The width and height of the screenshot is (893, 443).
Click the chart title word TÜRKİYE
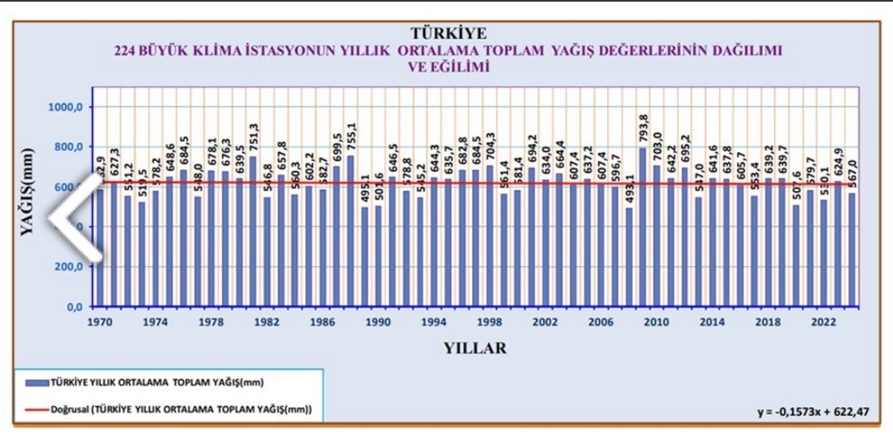coord(447,34)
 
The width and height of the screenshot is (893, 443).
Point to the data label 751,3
coord(254,139)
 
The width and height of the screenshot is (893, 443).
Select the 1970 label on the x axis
coord(99,322)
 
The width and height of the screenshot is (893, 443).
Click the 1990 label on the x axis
coord(378,322)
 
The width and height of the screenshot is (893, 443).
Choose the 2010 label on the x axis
coord(655,322)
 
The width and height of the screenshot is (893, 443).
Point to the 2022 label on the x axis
coord(822,322)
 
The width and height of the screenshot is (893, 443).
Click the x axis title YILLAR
coord(474,348)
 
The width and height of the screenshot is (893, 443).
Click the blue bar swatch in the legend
coord(34,382)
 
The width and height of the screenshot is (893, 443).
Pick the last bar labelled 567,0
coord(851,249)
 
